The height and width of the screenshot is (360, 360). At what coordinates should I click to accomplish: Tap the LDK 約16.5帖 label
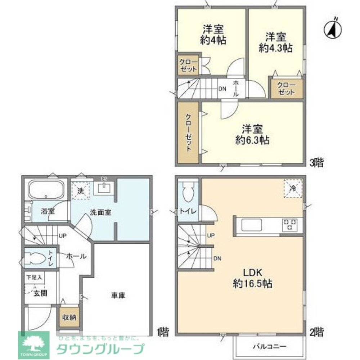pyautogui.click(x=252, y=277)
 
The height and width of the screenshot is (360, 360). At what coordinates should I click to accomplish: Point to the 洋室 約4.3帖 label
pyautogui.click(x=276, y=42)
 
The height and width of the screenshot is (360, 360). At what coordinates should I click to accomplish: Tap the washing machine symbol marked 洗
pyautogui.click(x=82, y=190)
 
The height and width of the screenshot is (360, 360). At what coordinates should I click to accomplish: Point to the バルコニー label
pyautogui.click(x=269, y=347)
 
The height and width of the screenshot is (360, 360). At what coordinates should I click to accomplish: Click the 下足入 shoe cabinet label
pyautogui.click(x=34, y=278)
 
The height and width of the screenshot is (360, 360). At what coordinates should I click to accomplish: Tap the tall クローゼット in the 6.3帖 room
pyautogui.click(x=188, y=132)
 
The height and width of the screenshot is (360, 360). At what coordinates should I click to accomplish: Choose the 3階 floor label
pyautogui.click(x=316, y=162)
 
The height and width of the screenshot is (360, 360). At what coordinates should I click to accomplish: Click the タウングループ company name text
pyautogui.click(x=100, y=349)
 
